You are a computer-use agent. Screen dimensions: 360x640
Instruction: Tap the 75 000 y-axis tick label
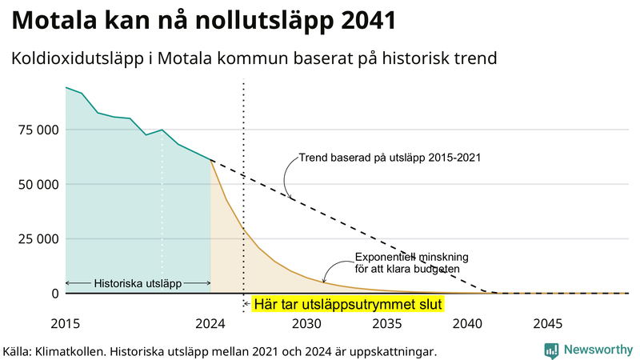click(x=37, y=130)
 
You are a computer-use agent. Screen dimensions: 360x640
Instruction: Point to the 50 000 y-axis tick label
click(x=37, y=184)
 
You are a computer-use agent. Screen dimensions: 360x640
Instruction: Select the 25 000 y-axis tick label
click(x=37, y=238)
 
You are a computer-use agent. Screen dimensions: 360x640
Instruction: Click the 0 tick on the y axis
click(x=54, y=293)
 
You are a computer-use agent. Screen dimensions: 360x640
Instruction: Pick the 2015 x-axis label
click(x=66, y=324)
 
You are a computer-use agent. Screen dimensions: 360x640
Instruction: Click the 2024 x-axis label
click(x=210, y=324)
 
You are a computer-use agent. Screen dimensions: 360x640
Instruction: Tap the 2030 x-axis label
click(x=307, y=324)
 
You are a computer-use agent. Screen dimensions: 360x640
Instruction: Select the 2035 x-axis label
click(x=387, y=324)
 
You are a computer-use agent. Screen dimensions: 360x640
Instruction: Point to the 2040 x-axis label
click(x=468, y=324)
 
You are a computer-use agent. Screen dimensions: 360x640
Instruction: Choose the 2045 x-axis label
click(x=548, y=324)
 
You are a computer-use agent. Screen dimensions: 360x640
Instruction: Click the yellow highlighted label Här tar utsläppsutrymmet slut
click(x=348, y=305)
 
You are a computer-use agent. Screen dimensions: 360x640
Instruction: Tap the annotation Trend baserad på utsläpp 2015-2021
click(x=390, y=158)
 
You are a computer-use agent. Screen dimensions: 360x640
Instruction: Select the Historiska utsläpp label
click(x=138, y=283)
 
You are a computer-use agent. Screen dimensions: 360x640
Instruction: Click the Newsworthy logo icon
click(x=551, y=350)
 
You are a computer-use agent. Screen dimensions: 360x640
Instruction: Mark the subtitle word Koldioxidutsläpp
click(x=78, y=58)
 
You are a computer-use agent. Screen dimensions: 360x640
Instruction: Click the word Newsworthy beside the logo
click(x=598, y=350)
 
